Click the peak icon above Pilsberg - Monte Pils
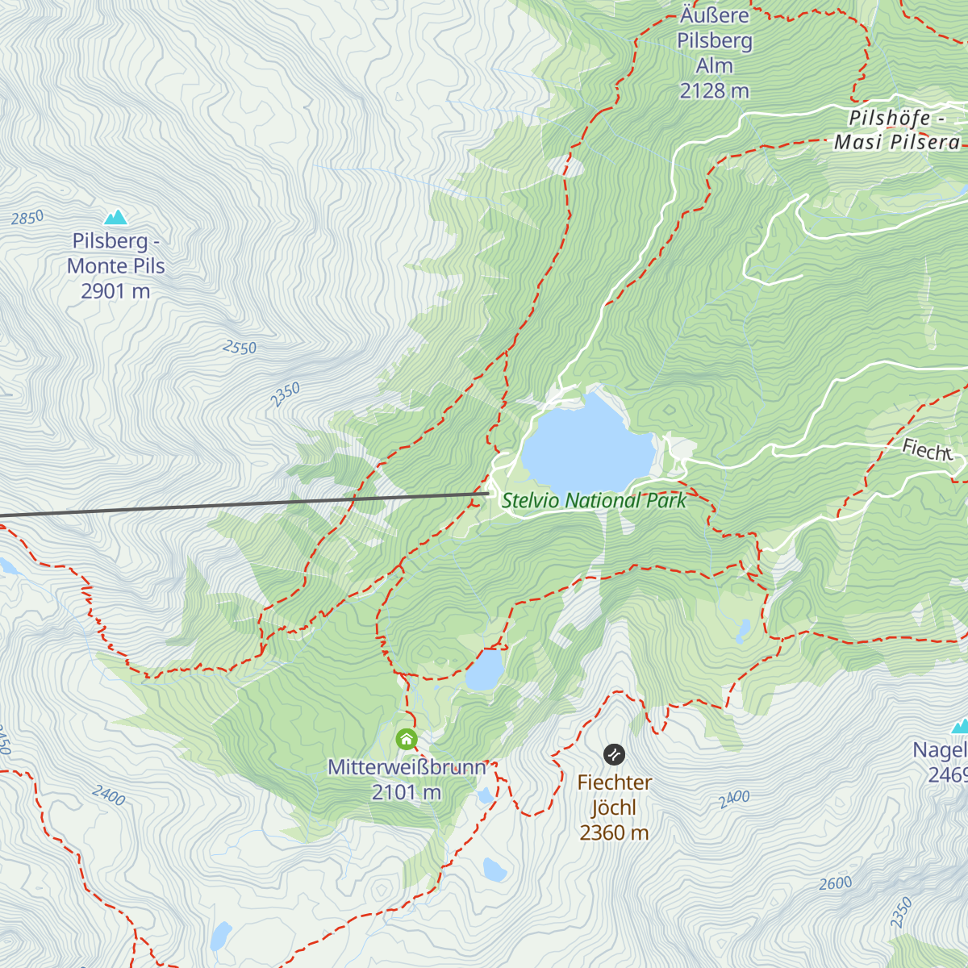[116, 217]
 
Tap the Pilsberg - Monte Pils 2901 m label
[116, 266]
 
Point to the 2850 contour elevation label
[27, 218]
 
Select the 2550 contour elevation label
[240, 348]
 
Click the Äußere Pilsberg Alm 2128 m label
[715, 54]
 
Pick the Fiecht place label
[927, 450]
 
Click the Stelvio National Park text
[594, 501]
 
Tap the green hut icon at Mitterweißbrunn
[407, 739]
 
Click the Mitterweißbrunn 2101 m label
[407, 779]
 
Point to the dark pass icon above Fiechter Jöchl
[614, 754]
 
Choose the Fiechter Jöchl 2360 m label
[614, 807]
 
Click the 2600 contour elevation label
[836, 883]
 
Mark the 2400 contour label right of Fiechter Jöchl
[734, 799]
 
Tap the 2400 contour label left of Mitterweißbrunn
[108, 795]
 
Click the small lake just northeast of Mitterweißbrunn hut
[484, 670]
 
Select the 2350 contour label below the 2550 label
[285, 394]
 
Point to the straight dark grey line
[242, 503]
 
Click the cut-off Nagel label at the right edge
[941, 762]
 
